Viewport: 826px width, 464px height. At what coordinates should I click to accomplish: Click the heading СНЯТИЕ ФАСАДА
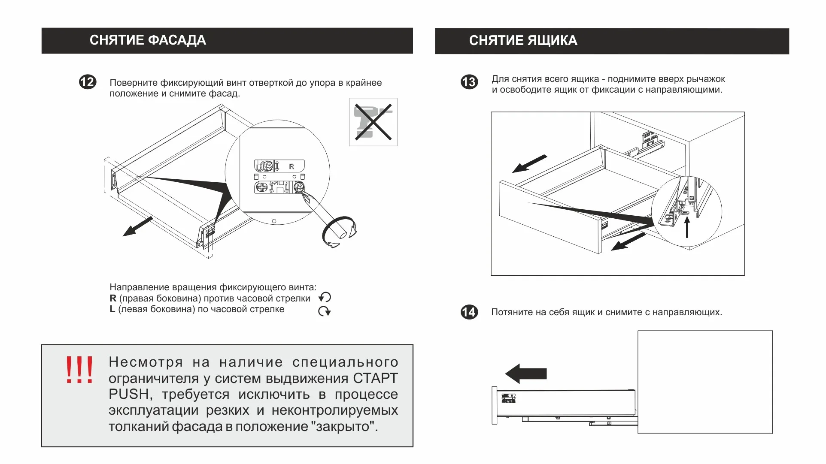(148, 40)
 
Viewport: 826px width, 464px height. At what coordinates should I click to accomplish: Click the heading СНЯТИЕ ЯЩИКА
(522, 41)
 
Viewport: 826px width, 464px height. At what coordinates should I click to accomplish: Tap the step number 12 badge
(88, 82)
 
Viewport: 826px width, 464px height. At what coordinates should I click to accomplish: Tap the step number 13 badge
(469, 82)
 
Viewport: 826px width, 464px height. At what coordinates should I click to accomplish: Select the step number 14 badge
(469, 312)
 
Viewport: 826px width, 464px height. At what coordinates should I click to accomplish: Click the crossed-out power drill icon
(373, 122)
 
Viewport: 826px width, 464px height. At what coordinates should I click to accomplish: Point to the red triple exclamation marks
(79, 370)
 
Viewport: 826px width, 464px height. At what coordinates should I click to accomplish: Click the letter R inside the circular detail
(292, 166)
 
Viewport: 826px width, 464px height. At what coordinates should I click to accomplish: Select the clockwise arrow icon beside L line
(324, 311)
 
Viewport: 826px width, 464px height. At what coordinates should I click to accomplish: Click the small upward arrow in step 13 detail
(687, 227)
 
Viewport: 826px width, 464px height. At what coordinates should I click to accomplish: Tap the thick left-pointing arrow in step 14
(526, 374)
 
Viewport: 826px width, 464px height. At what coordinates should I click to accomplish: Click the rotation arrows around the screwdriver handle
(339, 232)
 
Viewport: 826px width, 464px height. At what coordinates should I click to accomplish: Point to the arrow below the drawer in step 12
(137, 226)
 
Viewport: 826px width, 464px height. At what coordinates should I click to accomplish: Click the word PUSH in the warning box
(129, 394)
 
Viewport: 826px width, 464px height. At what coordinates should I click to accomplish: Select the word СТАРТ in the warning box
(375, 378)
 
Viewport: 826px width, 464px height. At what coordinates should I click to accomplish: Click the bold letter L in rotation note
(112, 309)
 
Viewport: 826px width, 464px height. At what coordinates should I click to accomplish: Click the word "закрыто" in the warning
(343, 427)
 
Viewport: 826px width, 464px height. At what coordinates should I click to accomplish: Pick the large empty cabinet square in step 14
(705, 382)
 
